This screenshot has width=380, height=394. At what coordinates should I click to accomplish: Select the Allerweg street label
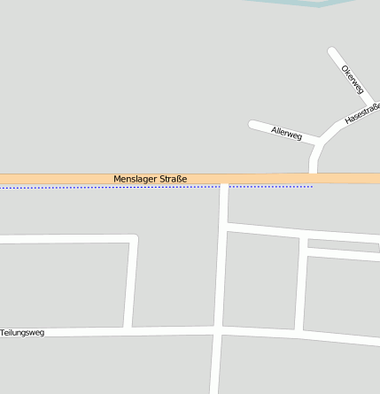[287, 134]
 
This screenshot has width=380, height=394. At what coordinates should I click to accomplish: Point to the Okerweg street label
[353, 79]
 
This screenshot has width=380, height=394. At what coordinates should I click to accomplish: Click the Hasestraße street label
[362, 112]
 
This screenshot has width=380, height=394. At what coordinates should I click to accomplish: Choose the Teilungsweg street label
[22, 333]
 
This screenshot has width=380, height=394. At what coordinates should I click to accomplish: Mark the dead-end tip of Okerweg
[332, 51]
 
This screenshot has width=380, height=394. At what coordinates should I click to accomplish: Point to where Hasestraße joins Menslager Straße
[314, 174]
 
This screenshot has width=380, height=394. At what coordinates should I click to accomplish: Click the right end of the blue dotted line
[313, 187]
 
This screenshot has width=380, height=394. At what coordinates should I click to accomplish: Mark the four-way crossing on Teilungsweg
[218, 329]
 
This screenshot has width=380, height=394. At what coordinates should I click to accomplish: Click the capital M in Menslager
[117, 179]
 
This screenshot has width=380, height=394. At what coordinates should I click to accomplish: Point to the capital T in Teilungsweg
[3, 333]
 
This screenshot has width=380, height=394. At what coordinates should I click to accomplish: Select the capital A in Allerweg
[275, 130]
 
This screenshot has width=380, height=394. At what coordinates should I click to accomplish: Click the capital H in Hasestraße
[348, 120]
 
